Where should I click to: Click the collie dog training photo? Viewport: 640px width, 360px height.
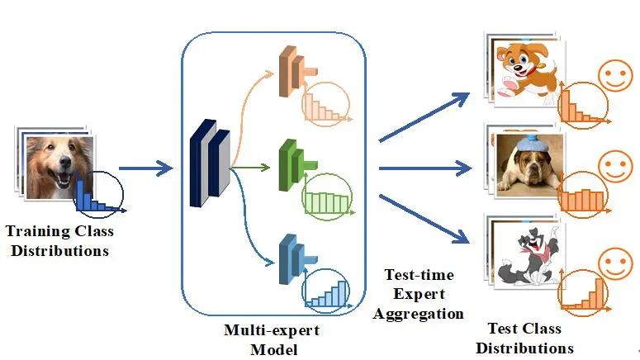coord(55,166)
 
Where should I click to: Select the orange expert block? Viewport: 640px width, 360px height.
coord(290,65)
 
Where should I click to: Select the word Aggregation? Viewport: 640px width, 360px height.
coord(418,313)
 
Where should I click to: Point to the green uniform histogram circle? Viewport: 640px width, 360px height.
coord(326,199)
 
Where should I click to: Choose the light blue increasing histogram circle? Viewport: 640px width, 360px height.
coord(325,291)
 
